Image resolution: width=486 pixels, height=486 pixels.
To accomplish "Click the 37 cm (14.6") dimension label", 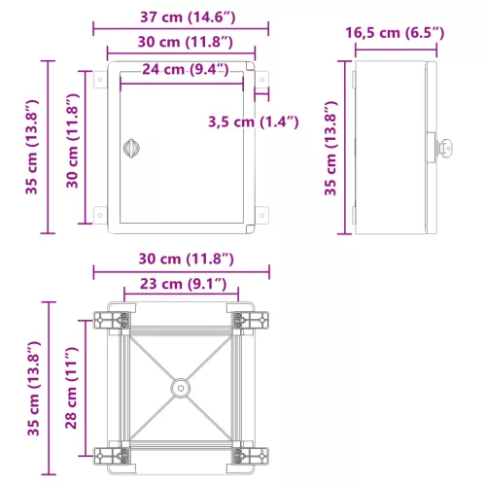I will [x=181, y=17].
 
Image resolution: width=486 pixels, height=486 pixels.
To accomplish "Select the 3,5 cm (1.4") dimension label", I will [x=254, y=121].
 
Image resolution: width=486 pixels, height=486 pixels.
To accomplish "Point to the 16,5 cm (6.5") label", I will [x=395, y=33].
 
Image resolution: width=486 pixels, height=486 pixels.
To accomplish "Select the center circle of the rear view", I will [x=180, y=387].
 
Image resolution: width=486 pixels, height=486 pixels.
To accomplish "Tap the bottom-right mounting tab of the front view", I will [x=260, y=212].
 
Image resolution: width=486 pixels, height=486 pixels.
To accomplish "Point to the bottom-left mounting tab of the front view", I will [x=100, y=212].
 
